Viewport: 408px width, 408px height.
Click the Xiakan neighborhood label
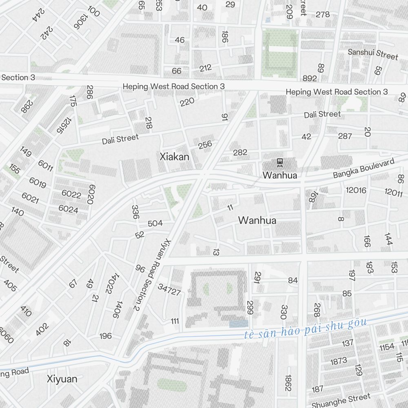click(174, 156)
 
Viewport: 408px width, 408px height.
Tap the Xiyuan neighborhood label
click(62, 379)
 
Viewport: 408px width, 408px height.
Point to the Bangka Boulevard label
click(364, 169)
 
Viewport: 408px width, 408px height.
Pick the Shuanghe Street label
click(341, 400)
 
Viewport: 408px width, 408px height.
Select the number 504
click(155, 223)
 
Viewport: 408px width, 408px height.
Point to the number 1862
click(288, 383)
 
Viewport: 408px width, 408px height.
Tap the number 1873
click(339, 361)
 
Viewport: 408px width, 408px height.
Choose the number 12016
click(356, 190)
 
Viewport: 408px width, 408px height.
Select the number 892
click(310, 78)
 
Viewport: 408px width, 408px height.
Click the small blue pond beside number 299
click(239, 324)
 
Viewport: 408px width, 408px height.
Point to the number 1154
click(387, 347)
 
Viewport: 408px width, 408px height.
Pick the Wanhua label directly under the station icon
click(280, 176)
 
